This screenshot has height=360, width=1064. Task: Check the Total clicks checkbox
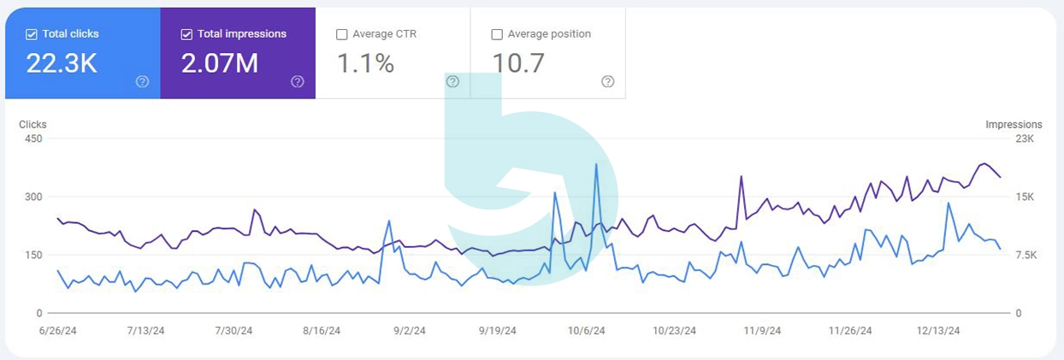[32, 34]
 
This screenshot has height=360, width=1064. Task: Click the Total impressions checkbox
[186, 34]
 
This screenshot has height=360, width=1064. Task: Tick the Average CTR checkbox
[342, 34]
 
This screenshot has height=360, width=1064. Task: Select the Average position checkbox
[497, 34]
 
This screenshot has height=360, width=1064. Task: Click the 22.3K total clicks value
[62, 63]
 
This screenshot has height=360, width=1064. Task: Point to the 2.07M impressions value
[219, 63]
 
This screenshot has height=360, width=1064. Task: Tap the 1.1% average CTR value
[365, 63]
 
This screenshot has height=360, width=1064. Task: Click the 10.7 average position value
[518, 63]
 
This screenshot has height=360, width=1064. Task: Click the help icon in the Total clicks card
[142, 81]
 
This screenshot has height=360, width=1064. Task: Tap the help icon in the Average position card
[607, 81]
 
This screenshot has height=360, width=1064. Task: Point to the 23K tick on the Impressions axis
[1025, 139]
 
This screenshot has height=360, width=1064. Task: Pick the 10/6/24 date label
[587, 331]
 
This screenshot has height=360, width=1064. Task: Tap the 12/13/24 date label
[938, 331]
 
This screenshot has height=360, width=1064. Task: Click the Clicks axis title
[33, 125]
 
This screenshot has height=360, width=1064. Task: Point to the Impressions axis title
[1014, 125]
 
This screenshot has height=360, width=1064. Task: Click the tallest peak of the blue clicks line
[596, 164]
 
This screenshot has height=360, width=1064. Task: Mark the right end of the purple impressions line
[1001, 177]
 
